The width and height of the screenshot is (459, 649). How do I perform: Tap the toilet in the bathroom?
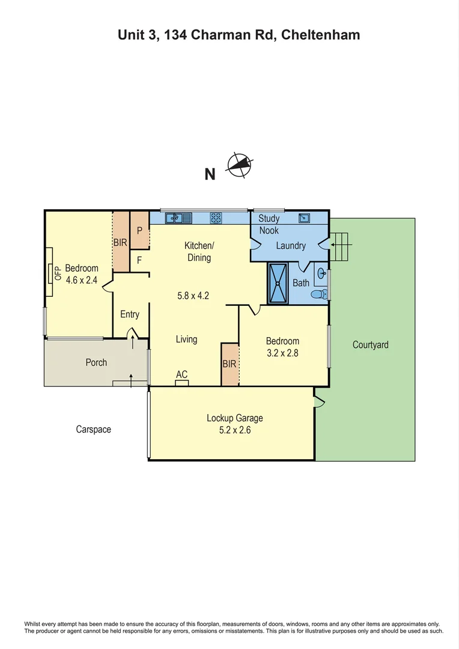point(320,294)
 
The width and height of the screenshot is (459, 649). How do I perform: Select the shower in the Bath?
point(278,283)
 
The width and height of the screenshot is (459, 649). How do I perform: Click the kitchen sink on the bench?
point(178,218)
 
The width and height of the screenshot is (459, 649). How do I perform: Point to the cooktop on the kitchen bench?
point(216,218)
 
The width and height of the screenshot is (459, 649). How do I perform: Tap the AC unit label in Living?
point(181,374)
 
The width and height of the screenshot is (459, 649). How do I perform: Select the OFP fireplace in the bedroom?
point(50,273)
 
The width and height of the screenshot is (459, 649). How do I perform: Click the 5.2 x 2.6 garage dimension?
point(235,430)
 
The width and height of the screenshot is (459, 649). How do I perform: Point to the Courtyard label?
point(370,345)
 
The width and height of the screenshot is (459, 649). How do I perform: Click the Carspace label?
point(93,429)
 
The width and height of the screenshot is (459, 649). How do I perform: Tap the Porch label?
point(96,362)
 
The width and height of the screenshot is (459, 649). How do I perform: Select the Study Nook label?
point(269,224)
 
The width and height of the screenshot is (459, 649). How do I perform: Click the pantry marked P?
point(139,230)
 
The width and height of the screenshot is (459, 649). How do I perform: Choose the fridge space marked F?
point(139,260)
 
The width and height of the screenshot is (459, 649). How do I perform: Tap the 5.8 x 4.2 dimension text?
point(192,295)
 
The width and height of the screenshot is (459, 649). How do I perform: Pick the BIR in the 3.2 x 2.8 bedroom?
point(229,364)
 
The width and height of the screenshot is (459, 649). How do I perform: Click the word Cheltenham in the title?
point(323,35)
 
